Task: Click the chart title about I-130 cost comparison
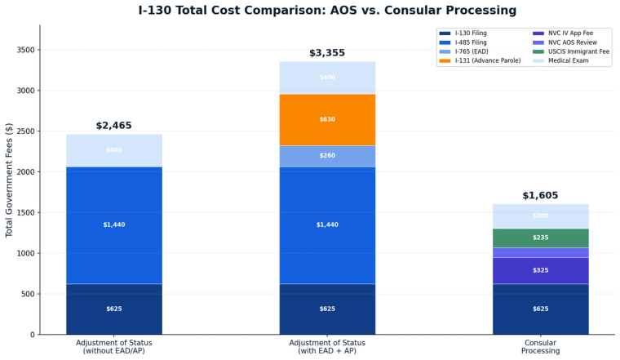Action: pos(327,11)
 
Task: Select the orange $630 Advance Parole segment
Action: pos(327,119)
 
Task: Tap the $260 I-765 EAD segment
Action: pos(327,156)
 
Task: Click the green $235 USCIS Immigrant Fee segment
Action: pos(540,238)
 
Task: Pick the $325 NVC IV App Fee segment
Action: pos(540,270)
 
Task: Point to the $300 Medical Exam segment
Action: pos(540,216)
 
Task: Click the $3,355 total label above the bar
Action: pos(327,53)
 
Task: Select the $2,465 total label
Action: pos(113,126)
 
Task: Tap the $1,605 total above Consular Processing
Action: pos(540,196)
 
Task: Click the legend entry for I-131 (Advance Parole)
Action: pos(486,60)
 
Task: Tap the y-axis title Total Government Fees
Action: pos(10,180)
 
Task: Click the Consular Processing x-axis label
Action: pos(540,346)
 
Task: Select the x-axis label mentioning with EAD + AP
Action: pos(327,346)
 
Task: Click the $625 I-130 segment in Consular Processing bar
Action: pos(540,309)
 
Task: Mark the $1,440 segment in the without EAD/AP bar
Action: pos(113,224)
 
